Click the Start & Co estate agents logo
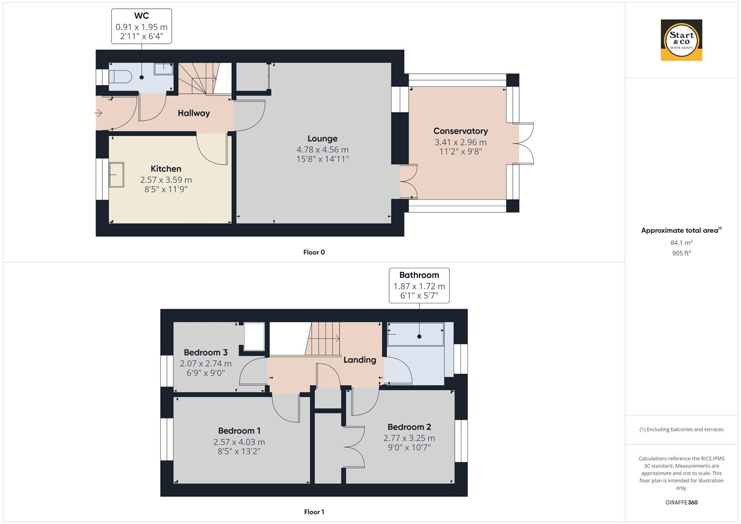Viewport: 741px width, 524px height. click(x=681, y=40)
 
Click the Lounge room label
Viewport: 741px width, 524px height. click(x=322, y=139)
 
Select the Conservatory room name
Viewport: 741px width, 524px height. click(x=461, y=131)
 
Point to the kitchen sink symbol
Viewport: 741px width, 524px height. click(x=116, y=174)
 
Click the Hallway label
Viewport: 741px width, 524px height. click(x=194, y=113)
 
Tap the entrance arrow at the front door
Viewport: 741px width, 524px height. click(x=99, y=114)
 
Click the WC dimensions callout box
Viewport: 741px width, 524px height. click(x=141, y=27)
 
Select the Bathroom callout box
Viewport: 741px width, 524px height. click(x=419, y=285)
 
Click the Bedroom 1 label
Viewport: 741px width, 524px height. click(x=239, y=431)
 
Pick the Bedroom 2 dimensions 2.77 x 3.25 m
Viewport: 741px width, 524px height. click(x=409, y=438)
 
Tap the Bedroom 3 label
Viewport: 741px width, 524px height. click(x=206, y=353)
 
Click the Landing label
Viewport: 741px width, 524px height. click(x=360, y=360)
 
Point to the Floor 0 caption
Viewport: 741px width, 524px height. click(x=314, y=252)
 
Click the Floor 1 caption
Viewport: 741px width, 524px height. click(x=314, y=512)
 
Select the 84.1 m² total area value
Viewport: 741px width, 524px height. click(x=681, y=243)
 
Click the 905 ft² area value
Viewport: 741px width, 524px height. click(x=681, y=253)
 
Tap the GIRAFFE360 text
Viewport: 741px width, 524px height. click(x=681, y=502)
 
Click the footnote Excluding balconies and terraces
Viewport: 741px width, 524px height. click(x=681, y=429)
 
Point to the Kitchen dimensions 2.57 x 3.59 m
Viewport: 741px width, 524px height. click(x=166, y=180)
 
